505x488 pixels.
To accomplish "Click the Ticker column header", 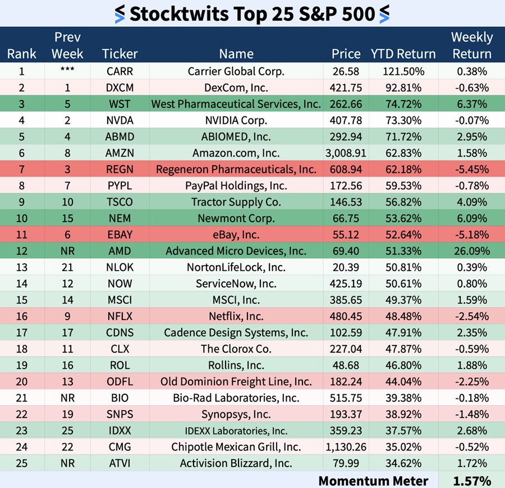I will pyautogui.click(x=120, y=54).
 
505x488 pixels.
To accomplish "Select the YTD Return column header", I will pyautogui.click(x=403, y=54).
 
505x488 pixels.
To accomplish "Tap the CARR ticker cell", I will pyautogui.click(x=120, y=71).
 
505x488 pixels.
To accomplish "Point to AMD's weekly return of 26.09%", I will pyautogui.click(x=471, y=251).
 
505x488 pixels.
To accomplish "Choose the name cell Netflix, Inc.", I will pyautogui.click(x=236, y=316).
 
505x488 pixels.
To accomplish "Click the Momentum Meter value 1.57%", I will pyautogui.click(x=471, y=481).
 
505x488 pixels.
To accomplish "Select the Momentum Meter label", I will pyautogui.click(x=373, y=481).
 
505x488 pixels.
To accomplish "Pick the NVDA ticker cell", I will pyautogui.click(x=120, y=120).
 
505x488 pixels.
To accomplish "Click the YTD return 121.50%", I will pyautogui.click(x=403, y=71).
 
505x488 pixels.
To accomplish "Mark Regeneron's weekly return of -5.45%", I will pyautogui.click(x=471, y=169).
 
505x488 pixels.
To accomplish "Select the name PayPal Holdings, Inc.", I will pyautogui.click(x=236, y=185).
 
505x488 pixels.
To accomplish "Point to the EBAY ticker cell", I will pyautogui.click(x=120, y=235).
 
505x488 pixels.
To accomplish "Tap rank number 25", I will pyautogui.click(x=21, y=463).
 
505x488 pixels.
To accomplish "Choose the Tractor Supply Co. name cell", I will pyautogui.click(x=236, y=202).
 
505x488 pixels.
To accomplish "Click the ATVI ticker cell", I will pyautogui.click(x=120, y=463).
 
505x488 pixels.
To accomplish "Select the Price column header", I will pyautogui.click(x=346, y=54).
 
